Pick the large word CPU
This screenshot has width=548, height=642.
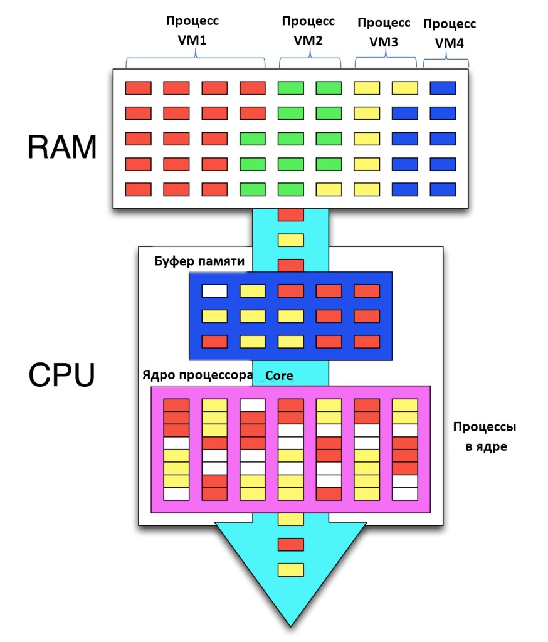pos(61,376)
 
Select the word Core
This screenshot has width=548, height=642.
pos(280,376)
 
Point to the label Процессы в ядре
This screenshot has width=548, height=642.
pos(484,438)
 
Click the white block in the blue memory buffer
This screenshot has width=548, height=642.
pos(214,291)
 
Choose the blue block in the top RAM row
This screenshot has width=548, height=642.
pos(443,88)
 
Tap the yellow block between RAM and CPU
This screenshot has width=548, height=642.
pos(290,240)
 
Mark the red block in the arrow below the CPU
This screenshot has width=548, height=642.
pos(290,544)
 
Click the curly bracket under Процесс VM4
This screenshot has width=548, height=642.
pos(446,62)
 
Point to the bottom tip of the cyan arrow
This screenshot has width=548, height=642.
pos(290,624)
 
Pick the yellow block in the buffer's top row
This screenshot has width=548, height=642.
pos(253,291)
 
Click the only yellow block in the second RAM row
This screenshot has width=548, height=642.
pos(367,113)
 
